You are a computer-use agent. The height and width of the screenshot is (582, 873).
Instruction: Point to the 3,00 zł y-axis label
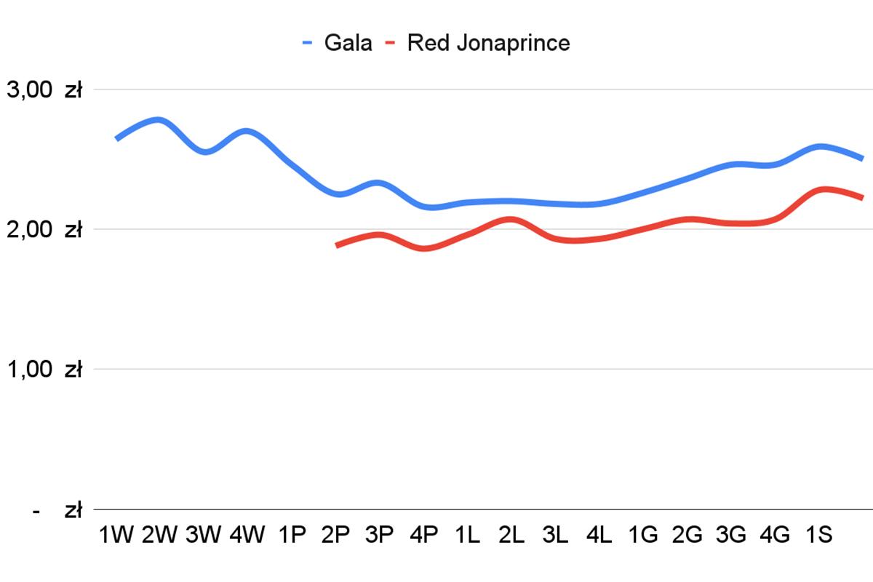(x=44, y=90)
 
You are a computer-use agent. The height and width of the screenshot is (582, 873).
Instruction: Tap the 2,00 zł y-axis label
(x=44, y=230)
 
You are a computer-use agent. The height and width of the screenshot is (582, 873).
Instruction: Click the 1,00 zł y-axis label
(x=44, y=370)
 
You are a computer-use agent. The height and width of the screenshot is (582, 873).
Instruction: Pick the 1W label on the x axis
(x=116, y=535)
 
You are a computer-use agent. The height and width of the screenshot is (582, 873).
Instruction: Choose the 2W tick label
(x=159, y=535)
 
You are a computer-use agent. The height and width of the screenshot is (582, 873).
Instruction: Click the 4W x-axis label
(x=247, y=535)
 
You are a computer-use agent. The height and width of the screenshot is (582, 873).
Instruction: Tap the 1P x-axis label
(x=292, y=535)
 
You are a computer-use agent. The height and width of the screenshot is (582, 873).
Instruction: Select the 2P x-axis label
(x=335, y=535)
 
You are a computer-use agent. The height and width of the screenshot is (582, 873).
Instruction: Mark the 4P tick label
(x=423, y=535)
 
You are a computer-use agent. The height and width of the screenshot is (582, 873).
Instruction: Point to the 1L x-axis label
(x=467, y=535)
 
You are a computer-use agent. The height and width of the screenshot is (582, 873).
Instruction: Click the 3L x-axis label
(x=555, y=535)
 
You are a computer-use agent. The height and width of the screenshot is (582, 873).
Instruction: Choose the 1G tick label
(x=643, y=535)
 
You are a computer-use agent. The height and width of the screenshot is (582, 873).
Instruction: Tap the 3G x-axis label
(x=731, y=535)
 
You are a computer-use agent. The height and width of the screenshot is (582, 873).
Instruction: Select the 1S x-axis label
(x=818, y=535)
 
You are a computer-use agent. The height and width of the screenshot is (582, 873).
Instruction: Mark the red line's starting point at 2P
(x=337, y=246)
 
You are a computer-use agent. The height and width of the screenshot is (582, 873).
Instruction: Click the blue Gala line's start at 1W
(x=117, y=138)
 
